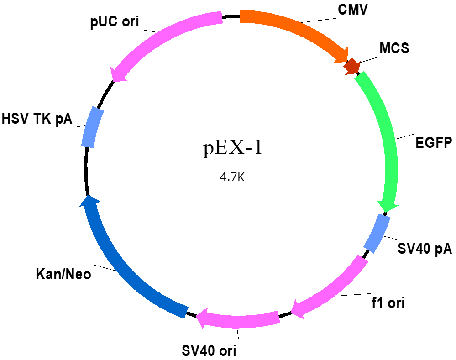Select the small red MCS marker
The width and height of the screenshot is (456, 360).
coord(352,66)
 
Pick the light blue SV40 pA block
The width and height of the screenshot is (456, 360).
coord(377,234)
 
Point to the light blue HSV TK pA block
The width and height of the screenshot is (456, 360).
coord(92,127)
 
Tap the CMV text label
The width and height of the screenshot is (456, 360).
coord(353,9)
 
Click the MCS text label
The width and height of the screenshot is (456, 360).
coord(394,48)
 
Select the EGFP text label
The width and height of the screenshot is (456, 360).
coord(434,143)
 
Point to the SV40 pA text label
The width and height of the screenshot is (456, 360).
coord(425,249)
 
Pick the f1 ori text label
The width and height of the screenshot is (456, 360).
coord(388,303)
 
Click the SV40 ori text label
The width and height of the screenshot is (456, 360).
coord(209,351)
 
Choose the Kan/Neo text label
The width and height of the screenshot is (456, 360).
coord(63,274)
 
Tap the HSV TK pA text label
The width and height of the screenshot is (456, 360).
coord(37,119)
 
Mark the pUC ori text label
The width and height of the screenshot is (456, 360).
coord(115,22)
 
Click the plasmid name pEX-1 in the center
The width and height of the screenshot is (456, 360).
coord(233,148)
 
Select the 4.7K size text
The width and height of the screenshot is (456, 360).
coord(232,177)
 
